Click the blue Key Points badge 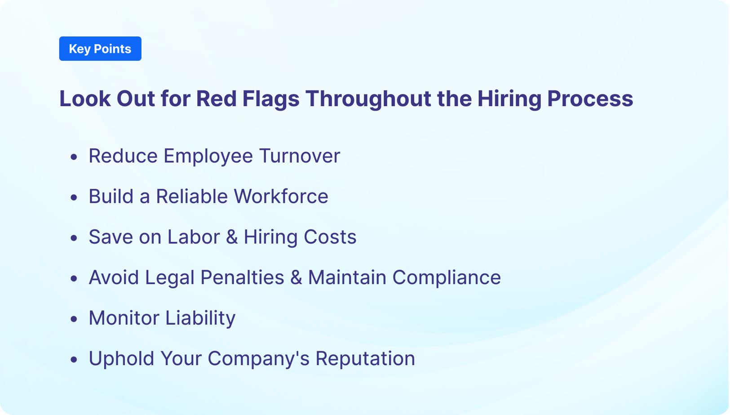point(100,49)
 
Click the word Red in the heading point(216,98)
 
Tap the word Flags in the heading point(270,98)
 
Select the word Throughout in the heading point(368,98)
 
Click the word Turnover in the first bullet point(299,156)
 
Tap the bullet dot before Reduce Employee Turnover point(74,157)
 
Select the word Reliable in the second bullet point(191,196)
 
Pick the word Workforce point(281,196)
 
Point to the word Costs point(330,237)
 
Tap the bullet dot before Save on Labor point(74,238)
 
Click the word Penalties point(242,277)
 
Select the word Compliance point(446,277)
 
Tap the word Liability point(200,318)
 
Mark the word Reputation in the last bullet point(365,358)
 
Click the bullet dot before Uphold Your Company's point(74,359)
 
